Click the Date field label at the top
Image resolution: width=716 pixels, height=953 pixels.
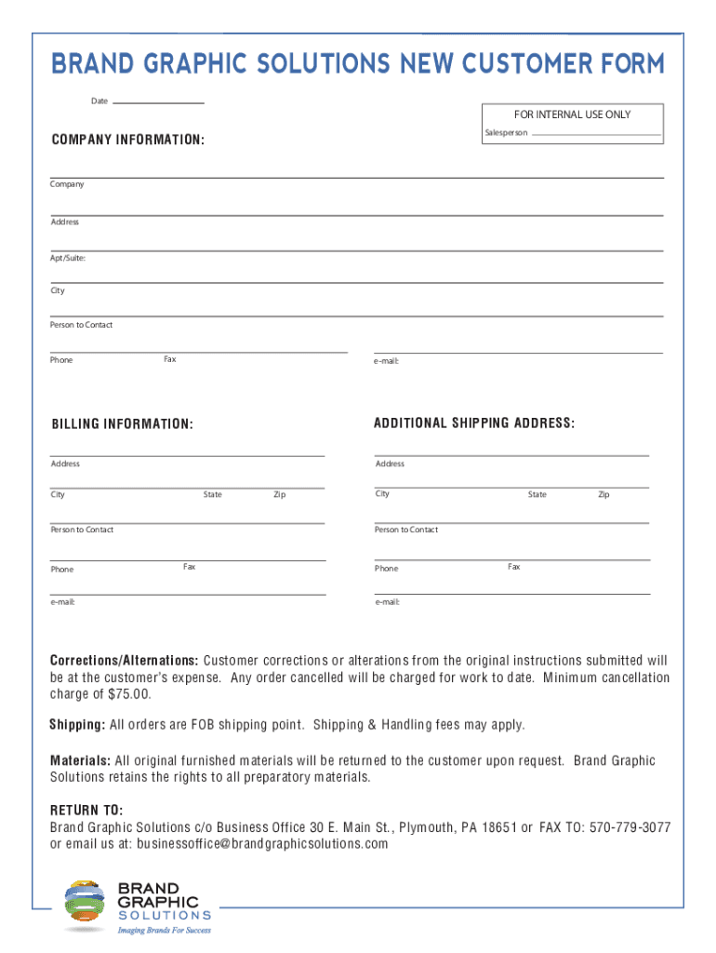click(x=99, y=101)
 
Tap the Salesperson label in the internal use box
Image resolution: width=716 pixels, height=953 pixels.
click(x=506, y=133)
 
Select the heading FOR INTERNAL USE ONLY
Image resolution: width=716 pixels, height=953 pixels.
click(x=572, y=114)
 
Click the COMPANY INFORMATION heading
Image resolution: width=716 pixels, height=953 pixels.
click(x=128, y=140)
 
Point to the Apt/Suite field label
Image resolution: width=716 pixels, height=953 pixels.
click(x=68, y=258)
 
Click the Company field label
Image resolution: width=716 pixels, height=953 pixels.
click(x=67, y=184)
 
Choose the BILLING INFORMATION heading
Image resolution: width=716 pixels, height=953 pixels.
click(x=123, y=424)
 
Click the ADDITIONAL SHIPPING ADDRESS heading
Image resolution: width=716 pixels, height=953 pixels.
click(x=474, y=423)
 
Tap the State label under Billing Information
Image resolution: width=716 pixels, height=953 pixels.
click(x=213, y=494)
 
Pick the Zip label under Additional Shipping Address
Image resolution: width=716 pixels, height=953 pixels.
click(x=603, y=494)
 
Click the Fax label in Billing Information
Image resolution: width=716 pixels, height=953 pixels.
click(x=190, y=567)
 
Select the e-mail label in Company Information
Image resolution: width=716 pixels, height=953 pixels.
click(x=386, y=360)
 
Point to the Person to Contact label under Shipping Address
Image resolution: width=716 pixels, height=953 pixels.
click(x=406, y=530)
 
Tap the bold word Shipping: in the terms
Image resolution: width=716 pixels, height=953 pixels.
click(x=77, y=725)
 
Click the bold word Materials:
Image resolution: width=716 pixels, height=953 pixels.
click(x=80, y=760)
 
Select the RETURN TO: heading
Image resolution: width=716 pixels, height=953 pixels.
click(x=86, y=810)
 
